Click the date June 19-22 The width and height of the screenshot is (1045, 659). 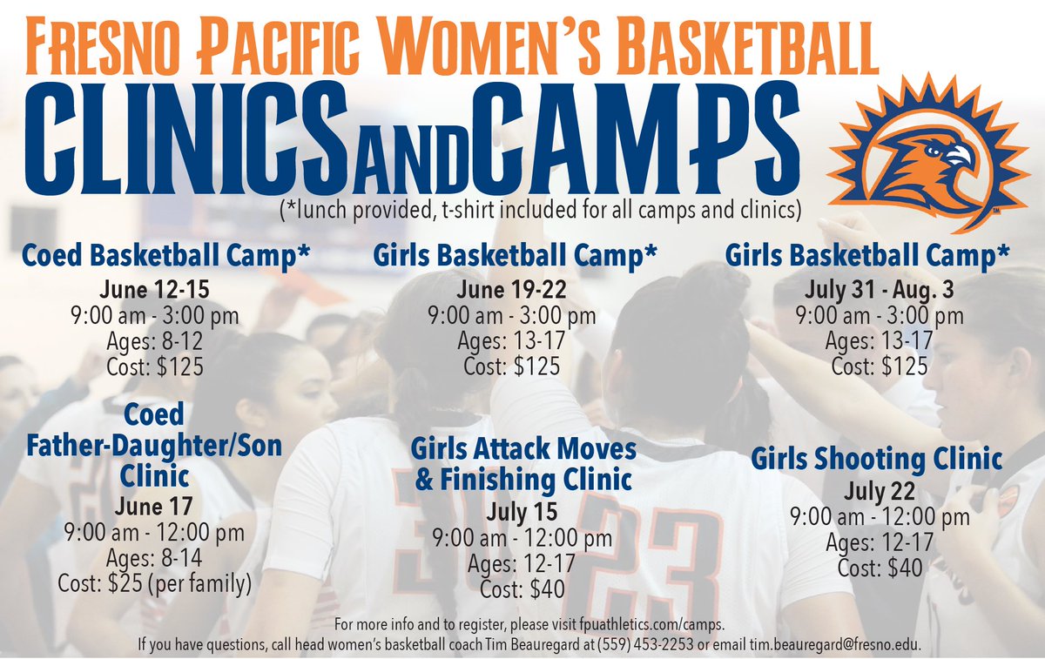coord(511,289)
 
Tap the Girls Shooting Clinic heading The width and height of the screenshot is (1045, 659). coord(877,458)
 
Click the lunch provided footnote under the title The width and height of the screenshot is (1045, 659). coord(540,210)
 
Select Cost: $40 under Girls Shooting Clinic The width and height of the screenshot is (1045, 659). coord(879,568)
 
